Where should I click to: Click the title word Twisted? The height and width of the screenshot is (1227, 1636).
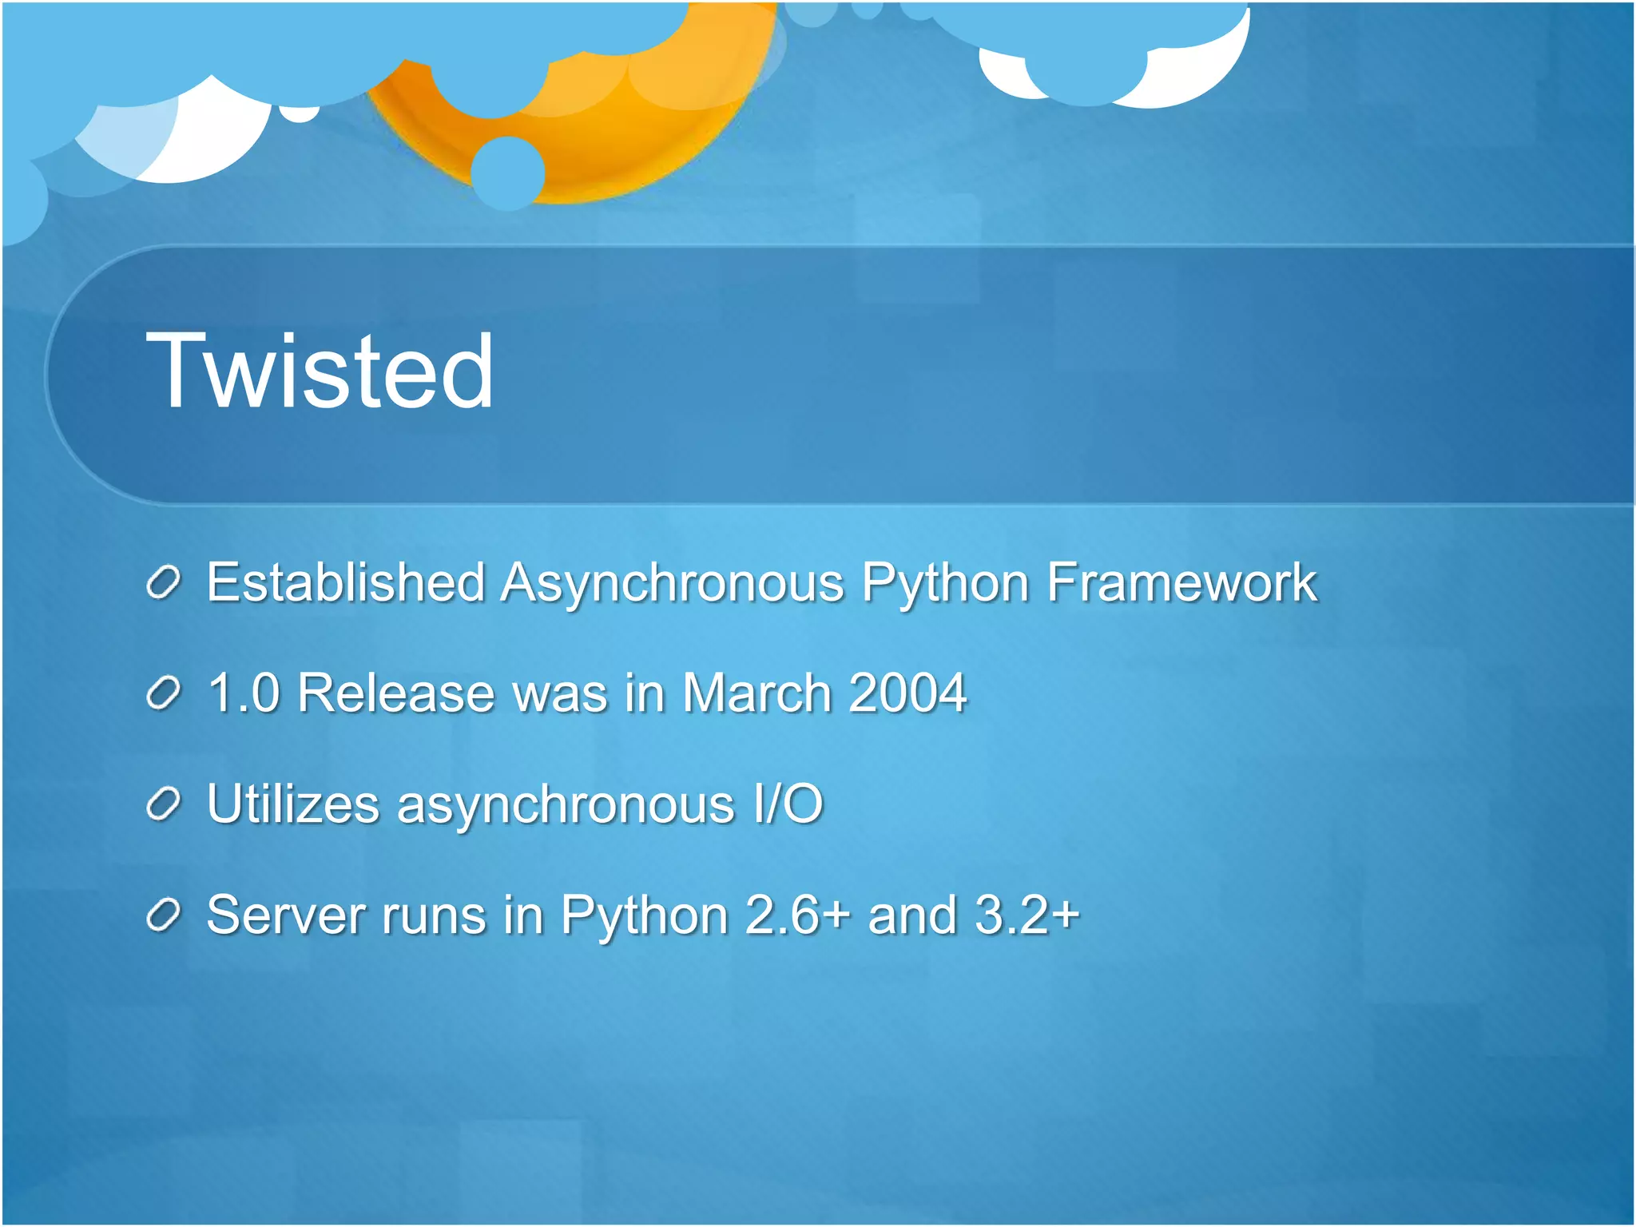point(320,371)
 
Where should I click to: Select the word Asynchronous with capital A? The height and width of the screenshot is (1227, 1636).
point(673,583)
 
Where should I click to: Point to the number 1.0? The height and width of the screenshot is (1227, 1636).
point(244,693)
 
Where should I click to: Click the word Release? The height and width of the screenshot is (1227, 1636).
point(395,693)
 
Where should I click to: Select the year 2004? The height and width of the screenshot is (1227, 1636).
point(907,693)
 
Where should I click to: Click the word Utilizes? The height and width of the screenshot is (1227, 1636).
point(292,804)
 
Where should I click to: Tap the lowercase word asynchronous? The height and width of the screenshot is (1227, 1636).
point(566,805)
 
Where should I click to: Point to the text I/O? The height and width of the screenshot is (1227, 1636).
point(788,804)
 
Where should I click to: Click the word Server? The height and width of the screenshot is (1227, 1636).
point(285,915)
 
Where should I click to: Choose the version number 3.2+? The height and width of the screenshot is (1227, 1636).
point(1027,915)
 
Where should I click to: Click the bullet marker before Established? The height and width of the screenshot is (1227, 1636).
point(165,583)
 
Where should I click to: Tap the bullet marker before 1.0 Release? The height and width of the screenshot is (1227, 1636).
point(165,694)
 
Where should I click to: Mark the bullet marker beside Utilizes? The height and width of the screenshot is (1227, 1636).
point(165,805)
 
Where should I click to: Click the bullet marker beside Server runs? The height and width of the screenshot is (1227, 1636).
point(165,916)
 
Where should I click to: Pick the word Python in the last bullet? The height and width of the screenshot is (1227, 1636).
point(643,916)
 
